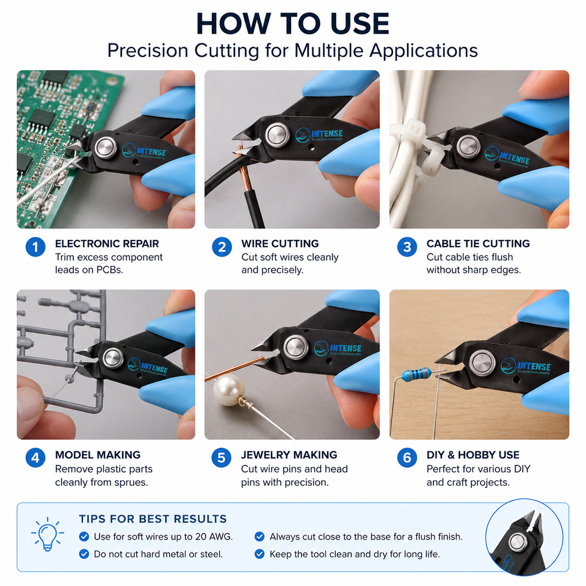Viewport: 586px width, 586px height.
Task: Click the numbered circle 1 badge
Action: click(35, 247)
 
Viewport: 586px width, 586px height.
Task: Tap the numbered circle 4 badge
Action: click(35, 458)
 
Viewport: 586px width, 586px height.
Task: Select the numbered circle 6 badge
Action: click(407, 458)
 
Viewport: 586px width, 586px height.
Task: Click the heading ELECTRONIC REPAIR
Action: click(107, 244)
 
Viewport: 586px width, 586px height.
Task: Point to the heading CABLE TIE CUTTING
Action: click(478, 244)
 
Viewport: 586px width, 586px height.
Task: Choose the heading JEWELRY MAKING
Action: click(289, 455)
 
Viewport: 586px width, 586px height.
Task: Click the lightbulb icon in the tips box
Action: click(48, 534)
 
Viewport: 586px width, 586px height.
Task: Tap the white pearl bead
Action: click(228, 390)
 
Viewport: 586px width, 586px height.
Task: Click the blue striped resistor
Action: click(416, 374)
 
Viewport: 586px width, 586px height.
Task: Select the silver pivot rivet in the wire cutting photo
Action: click(278, 134)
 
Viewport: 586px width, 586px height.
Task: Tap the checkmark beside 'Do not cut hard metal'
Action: click(84, 554)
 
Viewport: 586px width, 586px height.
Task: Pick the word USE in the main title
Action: click(360, 24)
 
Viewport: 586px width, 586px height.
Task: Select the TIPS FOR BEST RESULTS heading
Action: click(153, 519)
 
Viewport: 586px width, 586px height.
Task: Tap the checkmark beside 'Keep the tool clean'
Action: click(259, 554)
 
